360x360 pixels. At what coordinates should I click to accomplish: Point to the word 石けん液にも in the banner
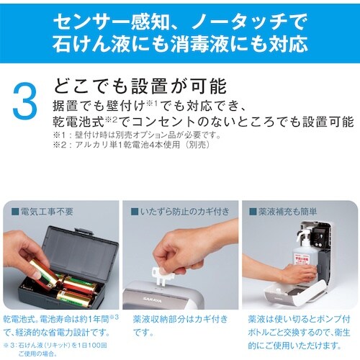point(108,45)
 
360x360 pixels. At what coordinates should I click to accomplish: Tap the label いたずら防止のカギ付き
point(180,212)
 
